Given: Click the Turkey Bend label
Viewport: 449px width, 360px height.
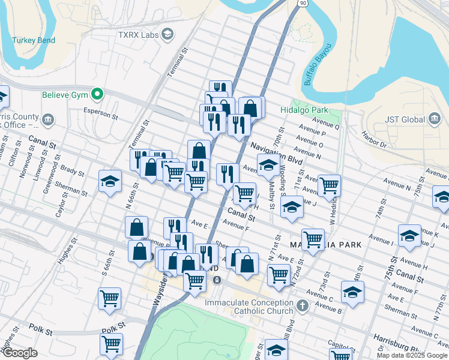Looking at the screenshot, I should click(x=34, y=41).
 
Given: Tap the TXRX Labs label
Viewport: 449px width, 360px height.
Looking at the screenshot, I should click(x=137, y=35).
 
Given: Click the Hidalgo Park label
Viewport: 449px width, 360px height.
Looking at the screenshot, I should click(x=304, y=110).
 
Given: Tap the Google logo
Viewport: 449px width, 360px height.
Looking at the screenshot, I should click(x=19, y=353).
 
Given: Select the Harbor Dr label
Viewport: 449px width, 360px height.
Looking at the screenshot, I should click(x=374, y=142).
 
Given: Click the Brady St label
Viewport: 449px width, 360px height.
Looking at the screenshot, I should click(x=73, y=172).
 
